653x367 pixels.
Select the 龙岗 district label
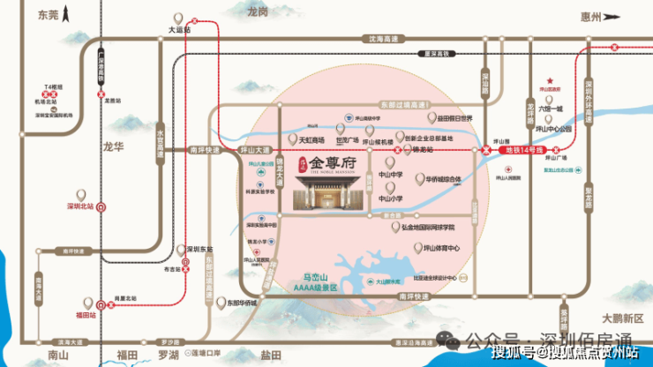[x=258, y=12]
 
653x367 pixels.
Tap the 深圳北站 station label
[x=80, y=206]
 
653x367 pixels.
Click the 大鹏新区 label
[x=619, y=316]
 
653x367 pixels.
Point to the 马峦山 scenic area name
[x=315, y=277]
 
